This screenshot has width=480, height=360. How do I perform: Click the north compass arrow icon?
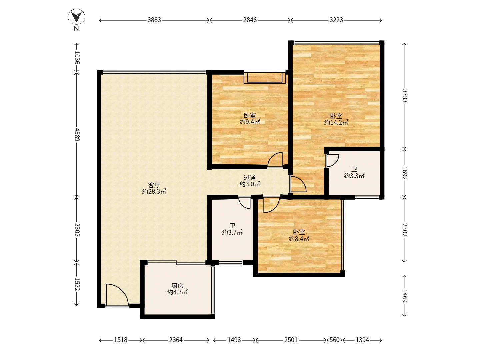76,17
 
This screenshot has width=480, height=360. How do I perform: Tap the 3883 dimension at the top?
154,20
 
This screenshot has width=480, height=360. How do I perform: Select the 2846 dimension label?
250,20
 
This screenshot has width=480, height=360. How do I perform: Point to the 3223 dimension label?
336,20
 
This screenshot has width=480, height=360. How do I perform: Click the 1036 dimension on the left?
77,57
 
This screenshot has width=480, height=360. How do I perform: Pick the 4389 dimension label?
77,134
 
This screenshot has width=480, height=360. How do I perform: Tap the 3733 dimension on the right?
405,96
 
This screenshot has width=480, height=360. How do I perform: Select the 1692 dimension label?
405,173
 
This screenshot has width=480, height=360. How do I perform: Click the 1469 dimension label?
405,296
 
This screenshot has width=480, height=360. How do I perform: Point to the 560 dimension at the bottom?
334,340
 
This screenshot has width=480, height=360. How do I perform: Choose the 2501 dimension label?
291,340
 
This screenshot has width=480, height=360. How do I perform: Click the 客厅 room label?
154,185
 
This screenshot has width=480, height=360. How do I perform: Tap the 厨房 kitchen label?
177,286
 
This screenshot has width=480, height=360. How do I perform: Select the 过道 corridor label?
250,178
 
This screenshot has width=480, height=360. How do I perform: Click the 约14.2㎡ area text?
336,122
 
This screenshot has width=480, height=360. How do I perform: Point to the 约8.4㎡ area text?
299,239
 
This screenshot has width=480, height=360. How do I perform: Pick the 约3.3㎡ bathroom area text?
354,176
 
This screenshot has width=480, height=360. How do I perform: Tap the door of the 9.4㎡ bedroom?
275,159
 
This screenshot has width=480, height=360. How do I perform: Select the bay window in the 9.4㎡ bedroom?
265,78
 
